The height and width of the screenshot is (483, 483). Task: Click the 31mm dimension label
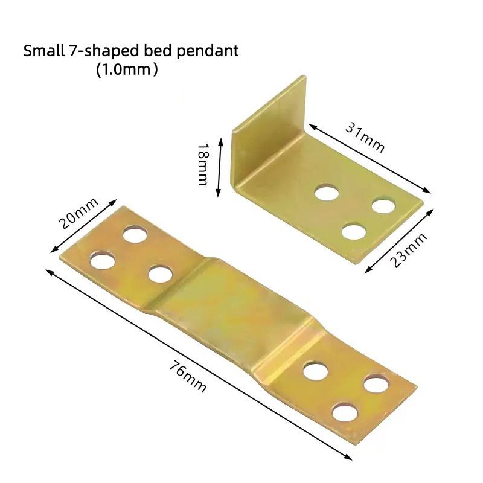[x=365, y=137]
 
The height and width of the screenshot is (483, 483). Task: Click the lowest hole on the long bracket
[x=344, y=412]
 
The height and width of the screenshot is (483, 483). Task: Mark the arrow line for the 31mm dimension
[x=370, y=158]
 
